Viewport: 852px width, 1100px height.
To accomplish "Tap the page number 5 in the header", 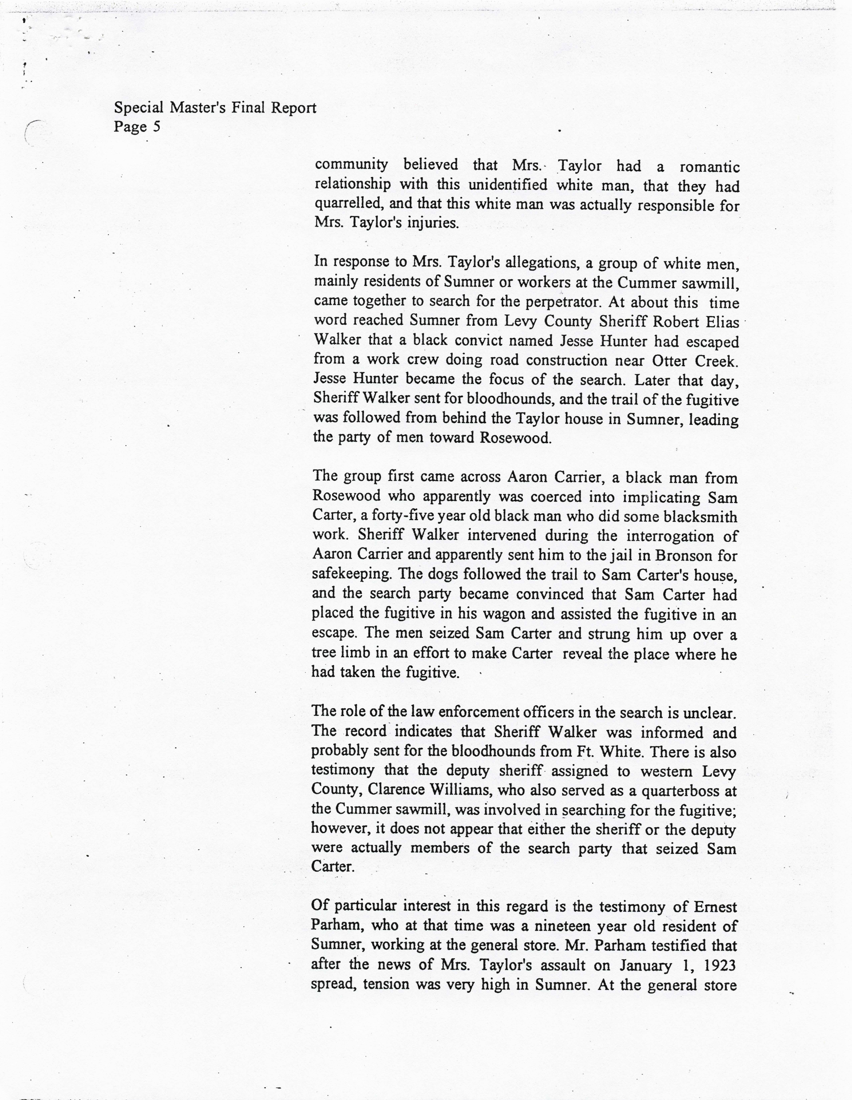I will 157,126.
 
